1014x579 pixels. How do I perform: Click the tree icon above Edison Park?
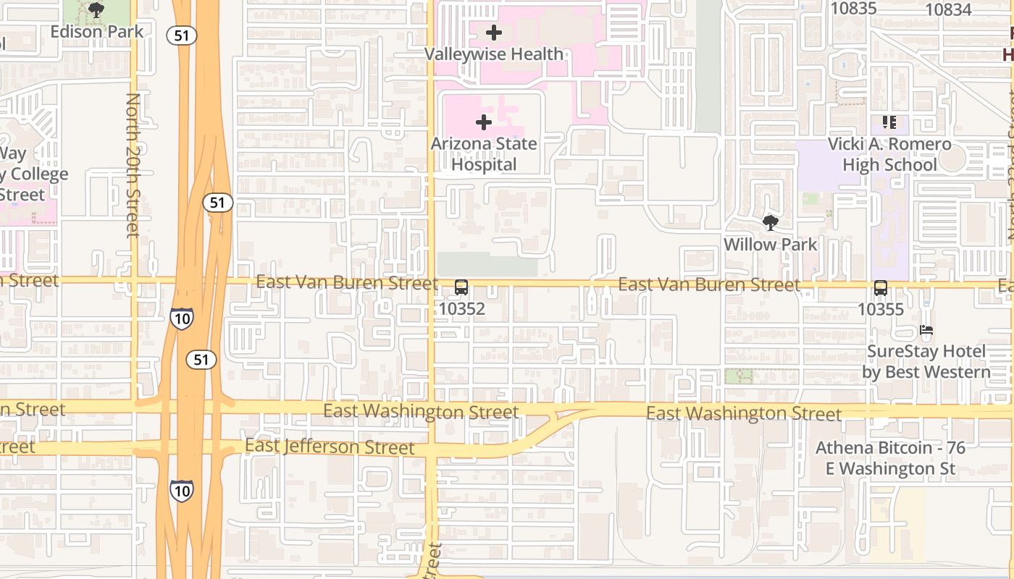click(96, 10)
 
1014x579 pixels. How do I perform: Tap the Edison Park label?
click(97, 32)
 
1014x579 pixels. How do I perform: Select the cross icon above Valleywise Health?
click(494, 33)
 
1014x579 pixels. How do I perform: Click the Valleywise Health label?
click(494, 54)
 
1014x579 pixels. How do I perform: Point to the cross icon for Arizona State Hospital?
click(483, 122)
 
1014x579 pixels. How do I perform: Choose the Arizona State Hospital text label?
click(484, 154)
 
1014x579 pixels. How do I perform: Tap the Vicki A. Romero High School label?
click(889, 154)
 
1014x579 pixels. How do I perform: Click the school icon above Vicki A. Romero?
click(889, 122)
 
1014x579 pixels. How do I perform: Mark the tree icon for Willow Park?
click(770, 223)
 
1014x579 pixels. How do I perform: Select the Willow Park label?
click(771, 245)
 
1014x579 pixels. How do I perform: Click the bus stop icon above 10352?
click(461, 287)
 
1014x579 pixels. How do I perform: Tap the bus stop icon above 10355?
click(881, 288)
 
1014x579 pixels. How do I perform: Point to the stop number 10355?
click(881, 309)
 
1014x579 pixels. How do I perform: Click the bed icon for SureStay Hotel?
click(926, 331)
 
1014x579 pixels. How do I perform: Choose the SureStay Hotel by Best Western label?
click(926, 362)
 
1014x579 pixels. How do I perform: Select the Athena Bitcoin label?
click(890, 458)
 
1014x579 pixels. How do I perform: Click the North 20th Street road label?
click(133, 165)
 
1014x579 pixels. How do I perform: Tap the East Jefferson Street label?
click(330, 446)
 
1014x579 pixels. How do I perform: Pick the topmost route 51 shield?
click(182, 35)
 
